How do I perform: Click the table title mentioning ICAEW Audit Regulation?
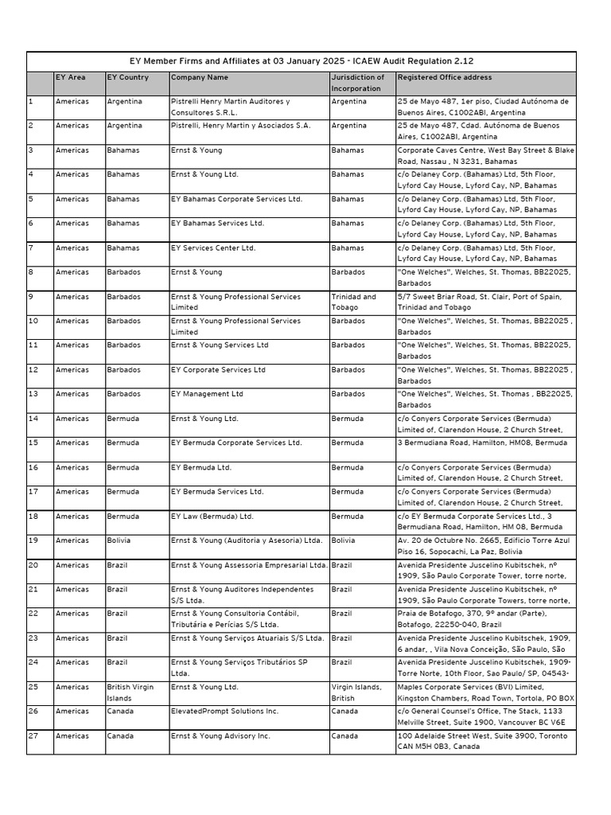(x=302, y=61)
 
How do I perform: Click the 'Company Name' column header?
(x=200, y=78)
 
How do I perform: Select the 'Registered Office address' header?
(x=444, y=78)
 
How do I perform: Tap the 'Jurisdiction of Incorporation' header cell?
(x=358, y=83)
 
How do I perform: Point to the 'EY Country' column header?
(x=128, y=78)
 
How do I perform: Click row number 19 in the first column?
(x=33, y=540)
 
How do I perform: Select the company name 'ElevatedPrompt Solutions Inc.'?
(x=225, y=712)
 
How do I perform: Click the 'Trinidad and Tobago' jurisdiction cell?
(x=355, y=302)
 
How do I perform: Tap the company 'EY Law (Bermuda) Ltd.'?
(x=212, y=517)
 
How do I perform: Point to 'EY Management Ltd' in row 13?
(x=208, y=394)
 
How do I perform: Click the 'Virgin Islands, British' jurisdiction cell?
(x=356, y=692)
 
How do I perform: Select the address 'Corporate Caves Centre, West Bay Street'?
(x=485, y=155)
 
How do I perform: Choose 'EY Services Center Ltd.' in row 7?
(x=213, y=248)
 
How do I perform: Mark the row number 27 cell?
(x=33, y=736)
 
